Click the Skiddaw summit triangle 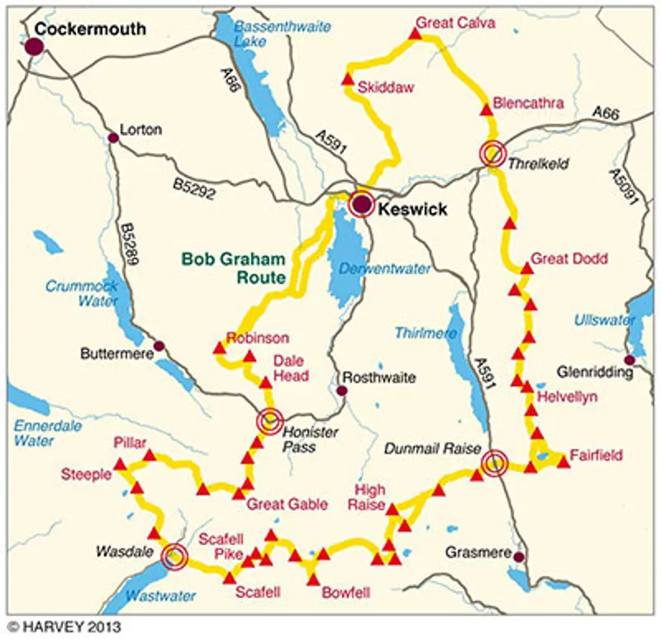click(x=348, y=80)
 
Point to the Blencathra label click(x=527, y=104)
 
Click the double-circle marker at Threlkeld click(x=492, y=154)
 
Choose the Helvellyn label click(x=567, y=397)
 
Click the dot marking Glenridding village click(x=630, y=360)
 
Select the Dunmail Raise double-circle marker click(x=494, y=464)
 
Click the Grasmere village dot click(x=518, y=557)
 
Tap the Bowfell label click(x=345, y=592)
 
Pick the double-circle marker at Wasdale click(x=174, y=557)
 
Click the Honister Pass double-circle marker click(x=269, y=421)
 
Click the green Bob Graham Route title click(x=234, y=267)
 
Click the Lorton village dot click(x=112, y=138)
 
